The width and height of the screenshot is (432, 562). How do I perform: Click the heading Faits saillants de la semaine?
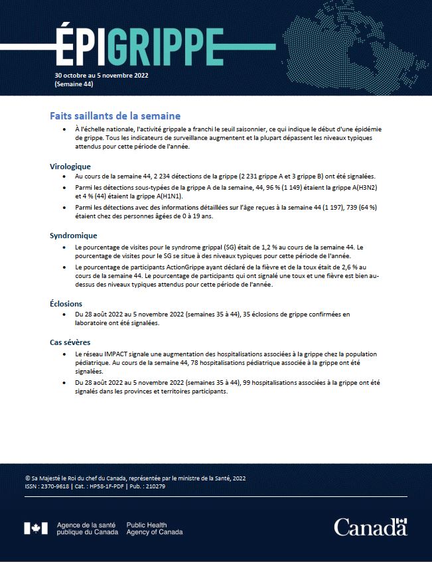pos(115,115)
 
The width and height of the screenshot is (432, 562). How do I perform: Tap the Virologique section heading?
pos(70,166)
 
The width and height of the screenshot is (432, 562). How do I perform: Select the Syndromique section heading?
pos(74,235)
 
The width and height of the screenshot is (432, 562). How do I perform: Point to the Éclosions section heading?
pos(66,303)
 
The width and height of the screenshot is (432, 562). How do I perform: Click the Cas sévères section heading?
pos(70,342)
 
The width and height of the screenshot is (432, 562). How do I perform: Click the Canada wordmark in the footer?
pos(370,527)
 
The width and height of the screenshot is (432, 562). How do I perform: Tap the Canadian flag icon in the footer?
pos(36,528)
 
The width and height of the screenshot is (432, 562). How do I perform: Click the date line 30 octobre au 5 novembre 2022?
pos(102,76)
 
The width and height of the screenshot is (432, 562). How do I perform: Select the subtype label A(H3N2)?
pos(365,188)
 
